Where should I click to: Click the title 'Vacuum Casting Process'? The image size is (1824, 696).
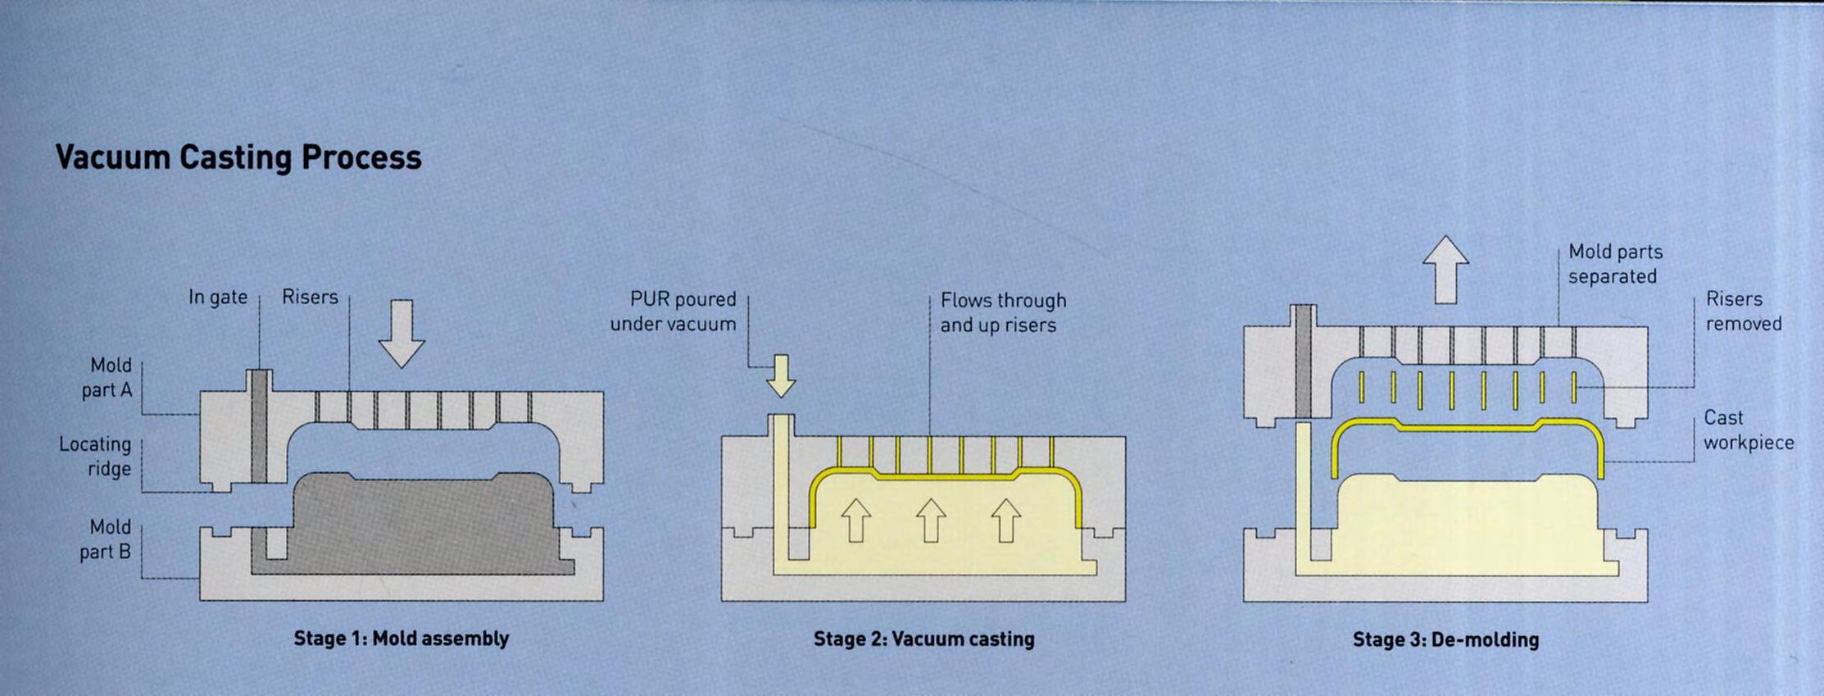coord(238,157)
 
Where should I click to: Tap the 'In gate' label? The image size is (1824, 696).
coord(217,297)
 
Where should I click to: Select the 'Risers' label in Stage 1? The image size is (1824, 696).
coord(310,297)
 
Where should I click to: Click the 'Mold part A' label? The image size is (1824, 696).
coord(107,377)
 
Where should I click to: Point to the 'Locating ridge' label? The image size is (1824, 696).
coord(95,457)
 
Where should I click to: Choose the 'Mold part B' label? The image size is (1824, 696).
coord(107,539)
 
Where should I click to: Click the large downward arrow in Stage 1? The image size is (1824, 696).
coord(402,333)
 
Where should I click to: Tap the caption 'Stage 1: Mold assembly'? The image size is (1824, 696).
coord(402,639)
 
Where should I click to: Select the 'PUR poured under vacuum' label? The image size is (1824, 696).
coord(674,312)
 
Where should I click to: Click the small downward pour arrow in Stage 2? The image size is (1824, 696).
coord(781,375)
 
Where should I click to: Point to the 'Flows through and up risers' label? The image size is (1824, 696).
coord(1002,312)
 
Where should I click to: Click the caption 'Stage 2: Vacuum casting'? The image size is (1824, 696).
coord(923,639)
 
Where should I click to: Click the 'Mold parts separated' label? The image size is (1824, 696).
coord(1614,264)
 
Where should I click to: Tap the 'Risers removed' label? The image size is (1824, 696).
coord(1743,312)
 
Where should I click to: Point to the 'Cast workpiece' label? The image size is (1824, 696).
coord(1748,430)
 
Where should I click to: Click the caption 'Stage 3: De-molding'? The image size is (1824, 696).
coord(1445,639)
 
